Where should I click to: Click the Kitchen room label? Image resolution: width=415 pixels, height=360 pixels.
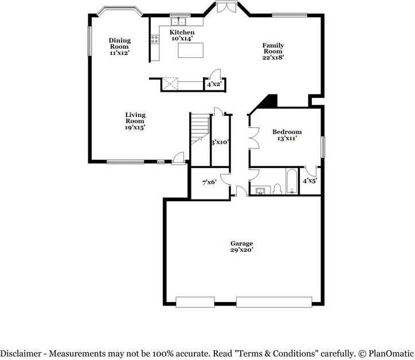pyautogui.click(x=182, y=33)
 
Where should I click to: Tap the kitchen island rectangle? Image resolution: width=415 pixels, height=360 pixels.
pyautogui.click(x=190, y=50)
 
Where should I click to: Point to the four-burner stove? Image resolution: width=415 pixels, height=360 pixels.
pyautogui.click(x=154, y=40)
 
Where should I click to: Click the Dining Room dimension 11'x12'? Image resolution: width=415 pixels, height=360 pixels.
pyautogui.click(x=120, y=53)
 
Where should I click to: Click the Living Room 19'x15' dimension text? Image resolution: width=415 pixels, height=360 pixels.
pyautogui.click(x=135, y=128)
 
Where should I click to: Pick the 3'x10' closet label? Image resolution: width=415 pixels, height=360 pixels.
pyautogui.click(x=220, y=142)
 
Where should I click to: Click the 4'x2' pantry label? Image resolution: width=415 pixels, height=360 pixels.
pyautogui.click(x=214, y=85)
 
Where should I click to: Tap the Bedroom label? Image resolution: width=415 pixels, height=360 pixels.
pyautogui.click(x=287, y=132)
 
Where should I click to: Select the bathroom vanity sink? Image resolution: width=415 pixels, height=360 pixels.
pyautogui.click(x=261, y=190)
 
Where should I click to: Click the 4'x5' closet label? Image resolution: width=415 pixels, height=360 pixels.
pyautogui.click(x=310, y=181)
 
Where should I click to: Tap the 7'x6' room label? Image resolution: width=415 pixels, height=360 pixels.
pyautogui.click(x=209, y=183)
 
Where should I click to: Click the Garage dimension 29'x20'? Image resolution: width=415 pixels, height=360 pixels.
pyautogui.click(x=241, y=250)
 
